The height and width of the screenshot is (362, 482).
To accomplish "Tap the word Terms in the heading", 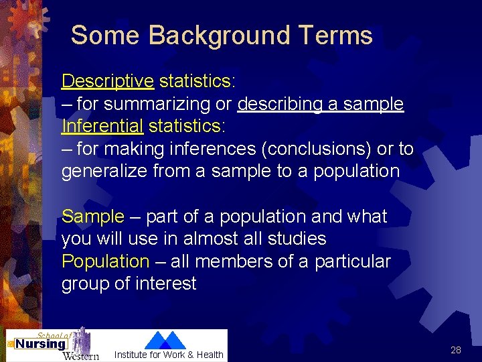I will click(337, 35).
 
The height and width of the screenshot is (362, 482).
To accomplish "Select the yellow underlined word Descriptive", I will click(108, 81).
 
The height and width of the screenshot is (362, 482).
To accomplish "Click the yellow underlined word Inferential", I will click(102, 126).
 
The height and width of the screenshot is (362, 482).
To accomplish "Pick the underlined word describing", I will click(281, 104).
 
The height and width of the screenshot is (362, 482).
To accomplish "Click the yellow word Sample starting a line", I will click(93, 217).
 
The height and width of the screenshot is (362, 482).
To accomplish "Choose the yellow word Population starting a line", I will click(105, 261).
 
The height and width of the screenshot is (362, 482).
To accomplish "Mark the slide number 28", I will click(456, 350).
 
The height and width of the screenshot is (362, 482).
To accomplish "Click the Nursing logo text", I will click(40, 345).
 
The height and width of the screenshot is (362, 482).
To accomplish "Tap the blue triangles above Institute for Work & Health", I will click(165, 340).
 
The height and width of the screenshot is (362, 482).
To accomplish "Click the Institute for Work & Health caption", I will click(169, 355).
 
